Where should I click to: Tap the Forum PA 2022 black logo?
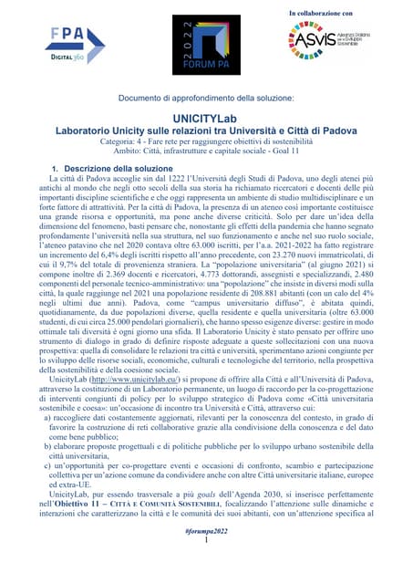tap(205, 46)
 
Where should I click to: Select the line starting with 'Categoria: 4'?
tap(206, 144)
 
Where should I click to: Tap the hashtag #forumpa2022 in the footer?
tap(206, 557)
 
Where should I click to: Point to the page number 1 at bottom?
tap(207, 566)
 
